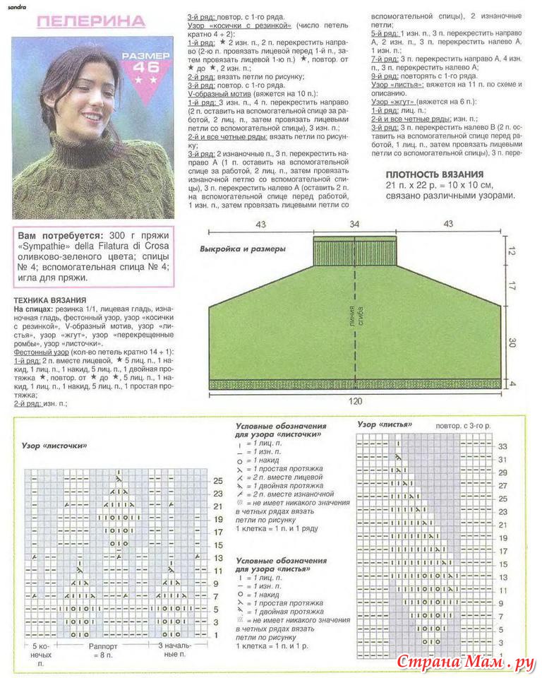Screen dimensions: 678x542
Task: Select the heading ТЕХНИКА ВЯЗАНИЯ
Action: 49,300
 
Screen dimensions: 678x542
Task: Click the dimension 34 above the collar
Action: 354,225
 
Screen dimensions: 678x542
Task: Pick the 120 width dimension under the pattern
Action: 354,401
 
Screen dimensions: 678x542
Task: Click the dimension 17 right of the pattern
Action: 513,286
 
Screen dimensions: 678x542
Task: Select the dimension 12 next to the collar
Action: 513,251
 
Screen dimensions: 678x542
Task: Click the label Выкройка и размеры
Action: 242,249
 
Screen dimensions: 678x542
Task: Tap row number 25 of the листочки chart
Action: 218,480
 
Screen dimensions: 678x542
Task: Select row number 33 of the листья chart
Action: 502,447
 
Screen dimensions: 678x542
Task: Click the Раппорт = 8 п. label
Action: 108,650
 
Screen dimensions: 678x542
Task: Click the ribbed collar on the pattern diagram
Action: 354,251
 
